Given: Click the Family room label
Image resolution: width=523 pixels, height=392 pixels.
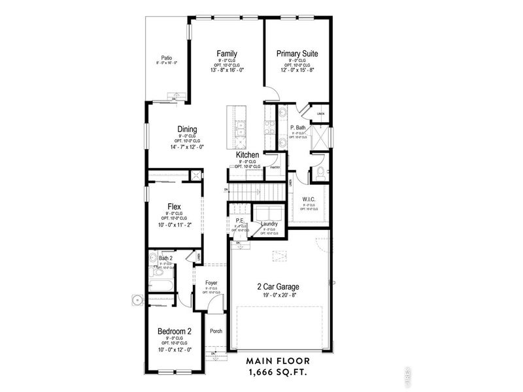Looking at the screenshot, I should click(x=227, y=54).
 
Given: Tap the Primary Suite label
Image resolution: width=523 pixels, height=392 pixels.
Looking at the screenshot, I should click(x=297, y=54).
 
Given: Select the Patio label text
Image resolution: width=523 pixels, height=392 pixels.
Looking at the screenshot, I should click(x=167, y=57).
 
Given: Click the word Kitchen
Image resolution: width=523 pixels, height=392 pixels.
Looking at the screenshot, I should click(x=248, y=155).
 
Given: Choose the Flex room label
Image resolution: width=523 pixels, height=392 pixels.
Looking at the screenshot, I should click(x=174, y=206).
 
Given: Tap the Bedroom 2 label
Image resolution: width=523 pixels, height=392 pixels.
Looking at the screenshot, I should click(x=174, y=331).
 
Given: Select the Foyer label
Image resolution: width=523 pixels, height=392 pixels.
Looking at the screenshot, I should click(x=211, y=283).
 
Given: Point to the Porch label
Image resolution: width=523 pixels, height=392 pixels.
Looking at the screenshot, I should click(x=216, y=331).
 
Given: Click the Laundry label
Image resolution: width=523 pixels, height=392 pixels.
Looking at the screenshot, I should click(x=269, y=224).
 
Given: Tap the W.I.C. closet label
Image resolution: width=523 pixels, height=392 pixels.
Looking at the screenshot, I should click(x=309, y=199).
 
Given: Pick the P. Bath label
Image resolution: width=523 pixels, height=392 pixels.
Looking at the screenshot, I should click(x=298, y=127).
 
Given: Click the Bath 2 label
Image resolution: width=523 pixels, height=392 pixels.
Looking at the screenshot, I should click(x=165, y=259).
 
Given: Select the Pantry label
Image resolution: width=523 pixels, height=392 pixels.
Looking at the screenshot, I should click(x=275, y=168).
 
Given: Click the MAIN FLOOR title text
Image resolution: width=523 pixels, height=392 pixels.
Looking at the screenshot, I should click(x=279, y=361).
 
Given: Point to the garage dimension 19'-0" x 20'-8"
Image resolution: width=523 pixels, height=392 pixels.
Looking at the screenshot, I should click(x=279, y=295).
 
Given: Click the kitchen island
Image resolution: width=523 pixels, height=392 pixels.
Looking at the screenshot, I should click(x=236, y=127).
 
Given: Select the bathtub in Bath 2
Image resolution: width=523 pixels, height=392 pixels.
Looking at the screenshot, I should click(x=161, y=284).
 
